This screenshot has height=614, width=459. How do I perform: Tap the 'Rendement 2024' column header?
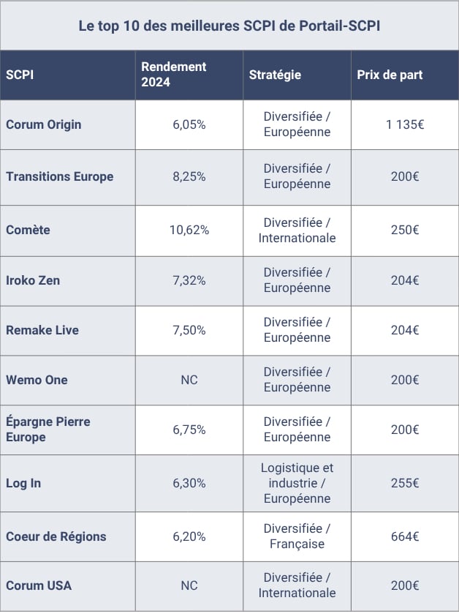pyautogui.click(x=174, y=75)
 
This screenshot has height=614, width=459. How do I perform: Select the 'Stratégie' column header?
pyautogui.click(x=275, y=75)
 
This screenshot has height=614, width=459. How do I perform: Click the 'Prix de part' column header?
pyautogui.click(x=390, y=75)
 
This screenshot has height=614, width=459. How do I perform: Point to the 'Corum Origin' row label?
pyautogui.click(x=44, y=124)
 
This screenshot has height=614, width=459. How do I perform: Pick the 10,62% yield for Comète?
pyautogui.click(x=189, y=230)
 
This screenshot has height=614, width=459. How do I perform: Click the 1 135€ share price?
pyautogui.click(x=405, y=124)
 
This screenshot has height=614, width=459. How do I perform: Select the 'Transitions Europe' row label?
pyautogui.click(x=60, y=176)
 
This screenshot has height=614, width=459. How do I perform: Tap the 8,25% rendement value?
pyautogui.click(x=189, y=176)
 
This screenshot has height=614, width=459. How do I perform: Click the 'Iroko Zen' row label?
pyautogui.click(x=33, y=280)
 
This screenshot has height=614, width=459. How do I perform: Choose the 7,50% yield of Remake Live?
pyautogui.click(x=189, y=330)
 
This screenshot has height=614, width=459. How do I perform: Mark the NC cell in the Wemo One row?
pyautogui.click(x=189, y=380)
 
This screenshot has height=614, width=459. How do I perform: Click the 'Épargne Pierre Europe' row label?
pyautogui.click(x=48, y=429)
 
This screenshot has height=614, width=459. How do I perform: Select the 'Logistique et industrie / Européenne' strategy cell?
pyautogui.click(x=297, y=483)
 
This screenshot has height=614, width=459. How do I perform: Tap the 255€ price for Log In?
pyautogui.click(x=405, y=483)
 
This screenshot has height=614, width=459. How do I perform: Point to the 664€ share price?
pyautogui.click(x=405, y=536)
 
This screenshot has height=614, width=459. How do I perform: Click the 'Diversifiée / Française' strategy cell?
pyautogui.click(x=297, y=536)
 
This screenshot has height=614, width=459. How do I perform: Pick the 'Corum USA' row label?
pyautogui.click(x=39, y=585)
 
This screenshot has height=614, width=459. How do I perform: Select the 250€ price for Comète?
pyautogui.click(x=405, y=230)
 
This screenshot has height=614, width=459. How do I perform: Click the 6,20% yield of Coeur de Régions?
pyautogui.click(x=189, y=536)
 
